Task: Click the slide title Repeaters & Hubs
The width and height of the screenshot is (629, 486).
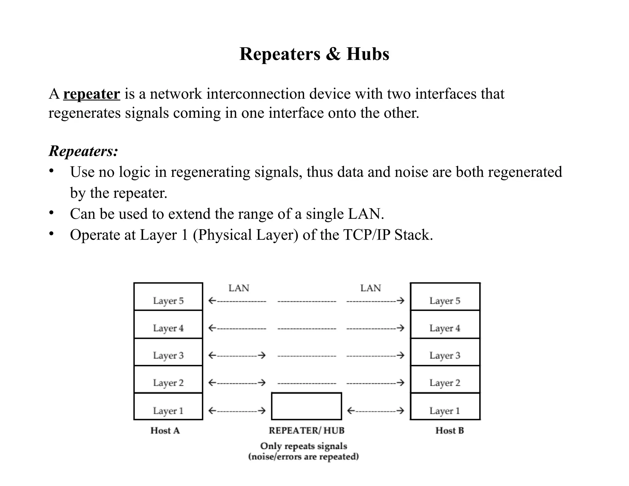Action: pos(314,54)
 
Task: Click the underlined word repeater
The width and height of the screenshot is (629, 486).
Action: pos(92,94)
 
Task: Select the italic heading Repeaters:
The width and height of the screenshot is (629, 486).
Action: pos(83,151)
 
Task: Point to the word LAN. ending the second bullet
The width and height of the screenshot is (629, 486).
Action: pos(366,214)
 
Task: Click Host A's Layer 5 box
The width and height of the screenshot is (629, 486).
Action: pos(168,297)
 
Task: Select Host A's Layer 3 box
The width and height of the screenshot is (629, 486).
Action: pos(168,352)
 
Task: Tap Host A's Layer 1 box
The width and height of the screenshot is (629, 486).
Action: pos(168,407)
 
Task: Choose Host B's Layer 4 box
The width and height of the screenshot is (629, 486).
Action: pos(445,324)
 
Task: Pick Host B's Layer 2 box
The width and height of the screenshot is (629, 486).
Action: pos(445,379)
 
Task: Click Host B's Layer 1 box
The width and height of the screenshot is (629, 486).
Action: pos(445,407)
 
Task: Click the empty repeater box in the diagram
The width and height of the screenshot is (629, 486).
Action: pos(307,406)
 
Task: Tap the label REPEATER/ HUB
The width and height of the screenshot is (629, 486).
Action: pos(307,431)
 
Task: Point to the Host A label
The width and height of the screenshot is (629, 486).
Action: pos(165,431)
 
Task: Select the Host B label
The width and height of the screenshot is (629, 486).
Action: pos(449,431)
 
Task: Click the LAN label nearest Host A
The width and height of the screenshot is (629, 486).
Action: pos(239,288)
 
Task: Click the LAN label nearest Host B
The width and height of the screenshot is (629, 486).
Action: pos(370,288)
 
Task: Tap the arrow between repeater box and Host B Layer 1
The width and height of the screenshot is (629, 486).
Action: pos(375,411)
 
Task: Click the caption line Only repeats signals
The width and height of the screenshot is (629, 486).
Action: pos(303,446)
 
